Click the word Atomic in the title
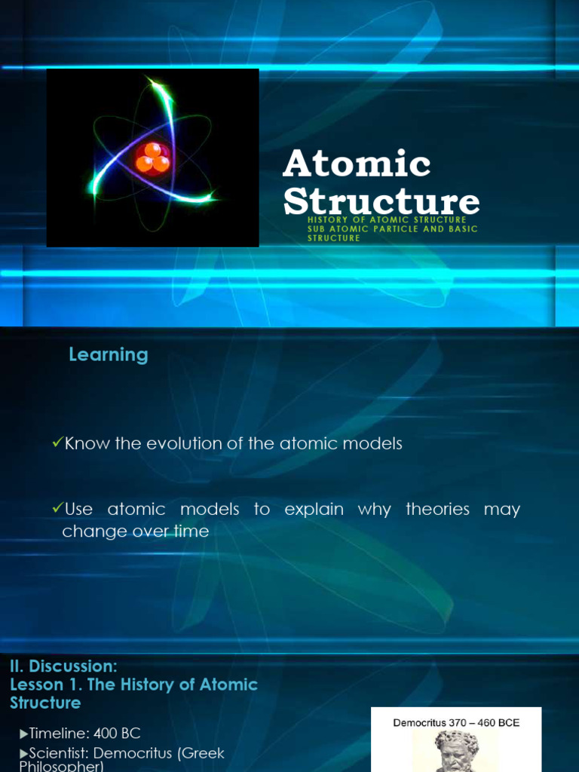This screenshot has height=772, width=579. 357,164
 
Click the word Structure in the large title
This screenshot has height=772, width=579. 381,201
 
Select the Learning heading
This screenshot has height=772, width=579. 109,354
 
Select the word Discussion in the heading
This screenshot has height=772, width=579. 73,666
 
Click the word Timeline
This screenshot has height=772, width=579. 57,733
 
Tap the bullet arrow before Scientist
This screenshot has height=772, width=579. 23,753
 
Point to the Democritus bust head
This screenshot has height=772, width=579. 456,750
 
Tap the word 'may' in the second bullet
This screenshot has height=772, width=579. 502,509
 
